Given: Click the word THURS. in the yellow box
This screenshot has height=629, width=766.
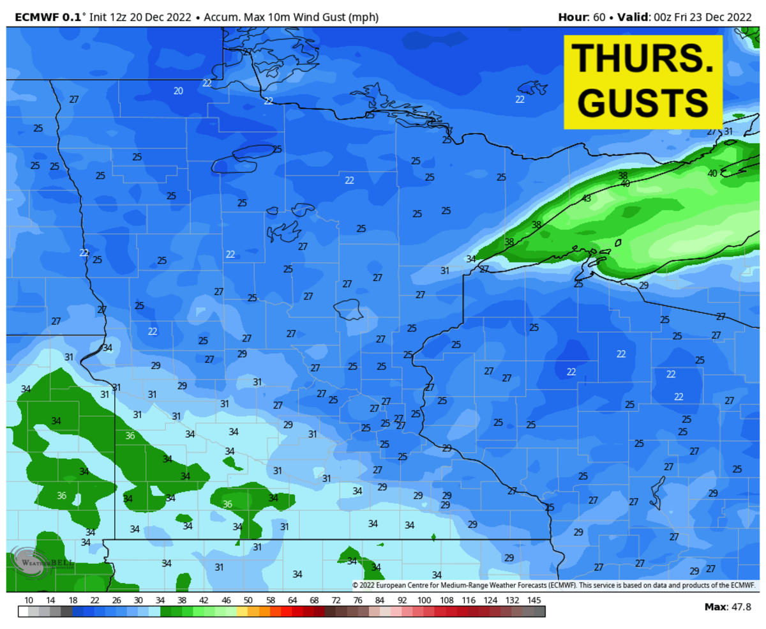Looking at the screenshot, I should click(x=643, y=58).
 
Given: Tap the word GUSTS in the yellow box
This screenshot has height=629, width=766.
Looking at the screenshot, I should click(x=643, y=101).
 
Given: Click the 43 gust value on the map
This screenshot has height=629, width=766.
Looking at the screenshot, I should click(x=586, y=199).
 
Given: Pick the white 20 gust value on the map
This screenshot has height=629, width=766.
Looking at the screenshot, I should click(x=178, y=91).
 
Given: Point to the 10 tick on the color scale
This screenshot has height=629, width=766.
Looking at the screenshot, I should click(x=29, y=601).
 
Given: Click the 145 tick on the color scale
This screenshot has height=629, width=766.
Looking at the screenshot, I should click(x=534, y=601).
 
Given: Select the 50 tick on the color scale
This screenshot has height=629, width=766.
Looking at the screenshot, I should click(x=248, y=601).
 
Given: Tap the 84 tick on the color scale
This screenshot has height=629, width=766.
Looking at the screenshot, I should click(x=380, y=601).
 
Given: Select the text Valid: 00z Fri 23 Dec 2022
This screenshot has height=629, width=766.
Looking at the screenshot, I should click(x=686, y=17).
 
